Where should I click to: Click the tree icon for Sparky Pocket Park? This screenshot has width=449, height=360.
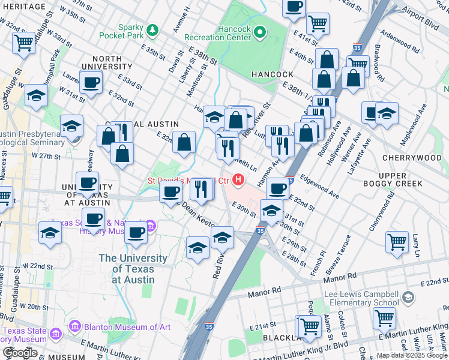154,29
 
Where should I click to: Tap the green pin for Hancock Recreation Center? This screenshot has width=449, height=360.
260,31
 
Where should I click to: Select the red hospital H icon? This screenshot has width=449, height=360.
240,179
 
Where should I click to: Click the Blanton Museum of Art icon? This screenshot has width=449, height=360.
75,327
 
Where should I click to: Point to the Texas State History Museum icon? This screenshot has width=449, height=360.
56,333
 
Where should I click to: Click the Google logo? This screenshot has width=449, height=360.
20,352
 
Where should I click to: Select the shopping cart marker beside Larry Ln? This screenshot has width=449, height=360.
397,242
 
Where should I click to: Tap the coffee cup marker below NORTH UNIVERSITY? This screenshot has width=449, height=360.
91,83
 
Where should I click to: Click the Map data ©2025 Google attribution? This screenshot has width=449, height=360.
412,355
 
